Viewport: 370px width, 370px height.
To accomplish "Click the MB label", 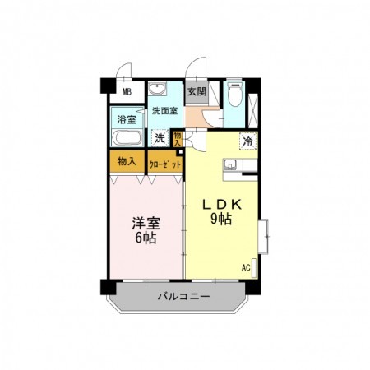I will click(x=127, y=92).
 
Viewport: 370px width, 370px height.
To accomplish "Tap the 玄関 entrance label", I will click(x=197, y=92).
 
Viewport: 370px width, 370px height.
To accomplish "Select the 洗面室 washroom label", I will click(x=164, y=110).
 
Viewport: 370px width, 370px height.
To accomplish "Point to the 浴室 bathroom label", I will click(x=127, y=118).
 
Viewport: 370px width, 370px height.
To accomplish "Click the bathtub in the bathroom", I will click(x=127, y=137).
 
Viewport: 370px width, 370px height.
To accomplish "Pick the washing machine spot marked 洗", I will click(x=161, y=138).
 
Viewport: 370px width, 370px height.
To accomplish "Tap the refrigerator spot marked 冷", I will click(x=247, y=141).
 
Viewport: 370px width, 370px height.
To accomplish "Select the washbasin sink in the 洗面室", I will click(x=158, y=90).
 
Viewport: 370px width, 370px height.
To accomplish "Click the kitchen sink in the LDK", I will click(x=229, y=168).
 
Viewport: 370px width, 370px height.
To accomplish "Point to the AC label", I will click(x=246, y=268).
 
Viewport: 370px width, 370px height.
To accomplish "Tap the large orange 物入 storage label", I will click(x=127, y=161).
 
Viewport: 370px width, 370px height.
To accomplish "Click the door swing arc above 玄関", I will click(x=196, y=68).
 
